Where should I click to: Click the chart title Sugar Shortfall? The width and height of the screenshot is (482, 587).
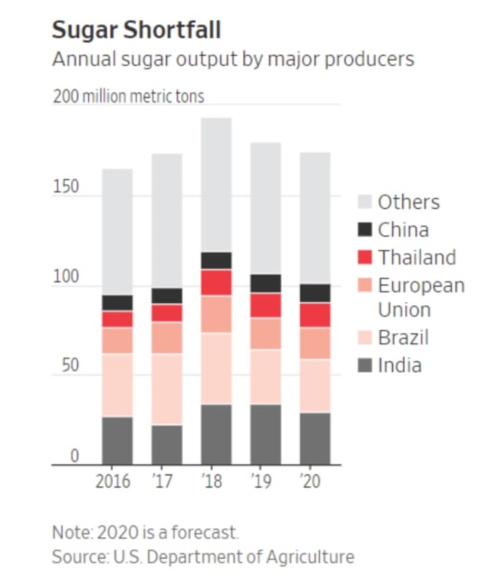click(136, 30)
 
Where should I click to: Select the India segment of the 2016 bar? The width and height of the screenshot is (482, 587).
click(118, 441)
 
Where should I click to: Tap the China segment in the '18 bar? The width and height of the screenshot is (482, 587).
click(216, 260)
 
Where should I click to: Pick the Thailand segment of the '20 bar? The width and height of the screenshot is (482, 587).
click(315, 315)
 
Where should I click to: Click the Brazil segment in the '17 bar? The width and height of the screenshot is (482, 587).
click(167, 389)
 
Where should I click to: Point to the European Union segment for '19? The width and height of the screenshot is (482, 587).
click(266, 334)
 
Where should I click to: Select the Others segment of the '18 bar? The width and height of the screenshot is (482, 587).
click(216, 185)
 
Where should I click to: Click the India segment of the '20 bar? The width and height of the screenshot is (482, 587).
click(315, 439)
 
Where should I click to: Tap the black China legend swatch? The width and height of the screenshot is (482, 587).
click(364, 229)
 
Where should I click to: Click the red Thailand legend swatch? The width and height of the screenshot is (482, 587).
click(364, 257)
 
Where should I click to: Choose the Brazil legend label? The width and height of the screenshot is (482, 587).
click(403, 337)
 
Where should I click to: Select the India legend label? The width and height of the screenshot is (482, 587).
click(400, 365)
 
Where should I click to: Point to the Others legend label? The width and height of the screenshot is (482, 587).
click(408, 202)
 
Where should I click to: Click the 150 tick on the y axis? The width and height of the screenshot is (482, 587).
click(66, 187)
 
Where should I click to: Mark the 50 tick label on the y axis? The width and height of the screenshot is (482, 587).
click(70, 365)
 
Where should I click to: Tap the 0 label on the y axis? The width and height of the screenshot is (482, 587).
click(74, 456)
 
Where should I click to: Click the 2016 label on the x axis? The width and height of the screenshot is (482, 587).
click(113, 481)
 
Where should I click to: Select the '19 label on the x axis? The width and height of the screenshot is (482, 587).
click(261, 481)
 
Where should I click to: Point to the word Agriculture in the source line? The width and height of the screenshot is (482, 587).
click(310, 557)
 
